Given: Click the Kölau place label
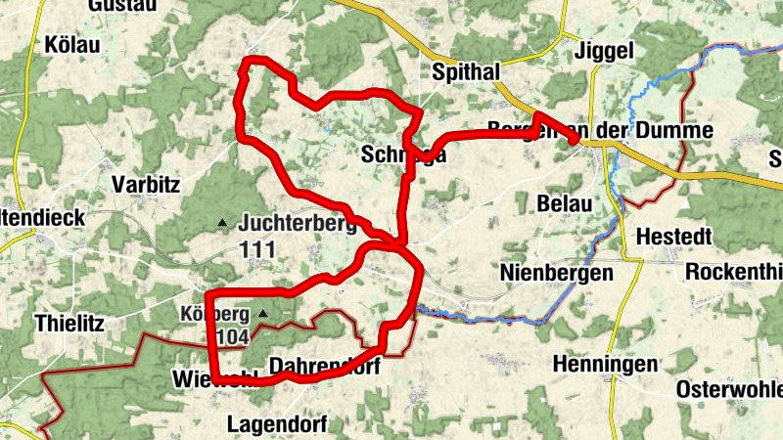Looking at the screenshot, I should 73,44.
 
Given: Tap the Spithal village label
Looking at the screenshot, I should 466,71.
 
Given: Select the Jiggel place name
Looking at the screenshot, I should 607,50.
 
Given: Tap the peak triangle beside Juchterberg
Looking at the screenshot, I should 222,223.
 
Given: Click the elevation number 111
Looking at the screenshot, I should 256,249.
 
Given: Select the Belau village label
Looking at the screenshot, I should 565,203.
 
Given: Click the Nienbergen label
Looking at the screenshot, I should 556,271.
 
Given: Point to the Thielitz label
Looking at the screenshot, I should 69,322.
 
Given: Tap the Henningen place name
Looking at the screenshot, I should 605,364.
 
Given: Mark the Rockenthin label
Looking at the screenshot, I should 734,271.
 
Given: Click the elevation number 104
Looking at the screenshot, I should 232,337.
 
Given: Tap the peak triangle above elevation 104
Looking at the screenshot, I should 262,314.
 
